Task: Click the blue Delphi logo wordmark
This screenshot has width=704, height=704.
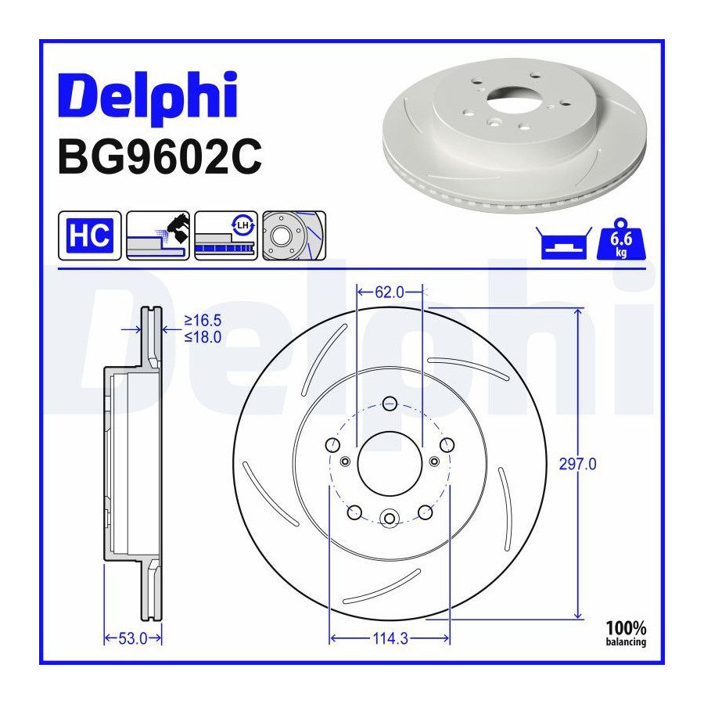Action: coord(148,96)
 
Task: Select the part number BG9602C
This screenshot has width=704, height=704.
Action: coord(160,156)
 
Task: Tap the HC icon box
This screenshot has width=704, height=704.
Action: coord(90,235)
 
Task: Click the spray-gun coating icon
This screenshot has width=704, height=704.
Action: coord(158,235)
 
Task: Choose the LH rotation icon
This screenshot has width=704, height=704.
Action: coord(226,235)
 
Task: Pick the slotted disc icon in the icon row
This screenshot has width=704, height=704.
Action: coord(294,235)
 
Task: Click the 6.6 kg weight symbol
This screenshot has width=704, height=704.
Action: coord(621,239)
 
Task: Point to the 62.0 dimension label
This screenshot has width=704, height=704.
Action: coord(390,293)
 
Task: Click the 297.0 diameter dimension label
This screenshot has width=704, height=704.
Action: coord(577,464)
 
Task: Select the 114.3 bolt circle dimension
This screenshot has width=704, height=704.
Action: coord(390,638)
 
